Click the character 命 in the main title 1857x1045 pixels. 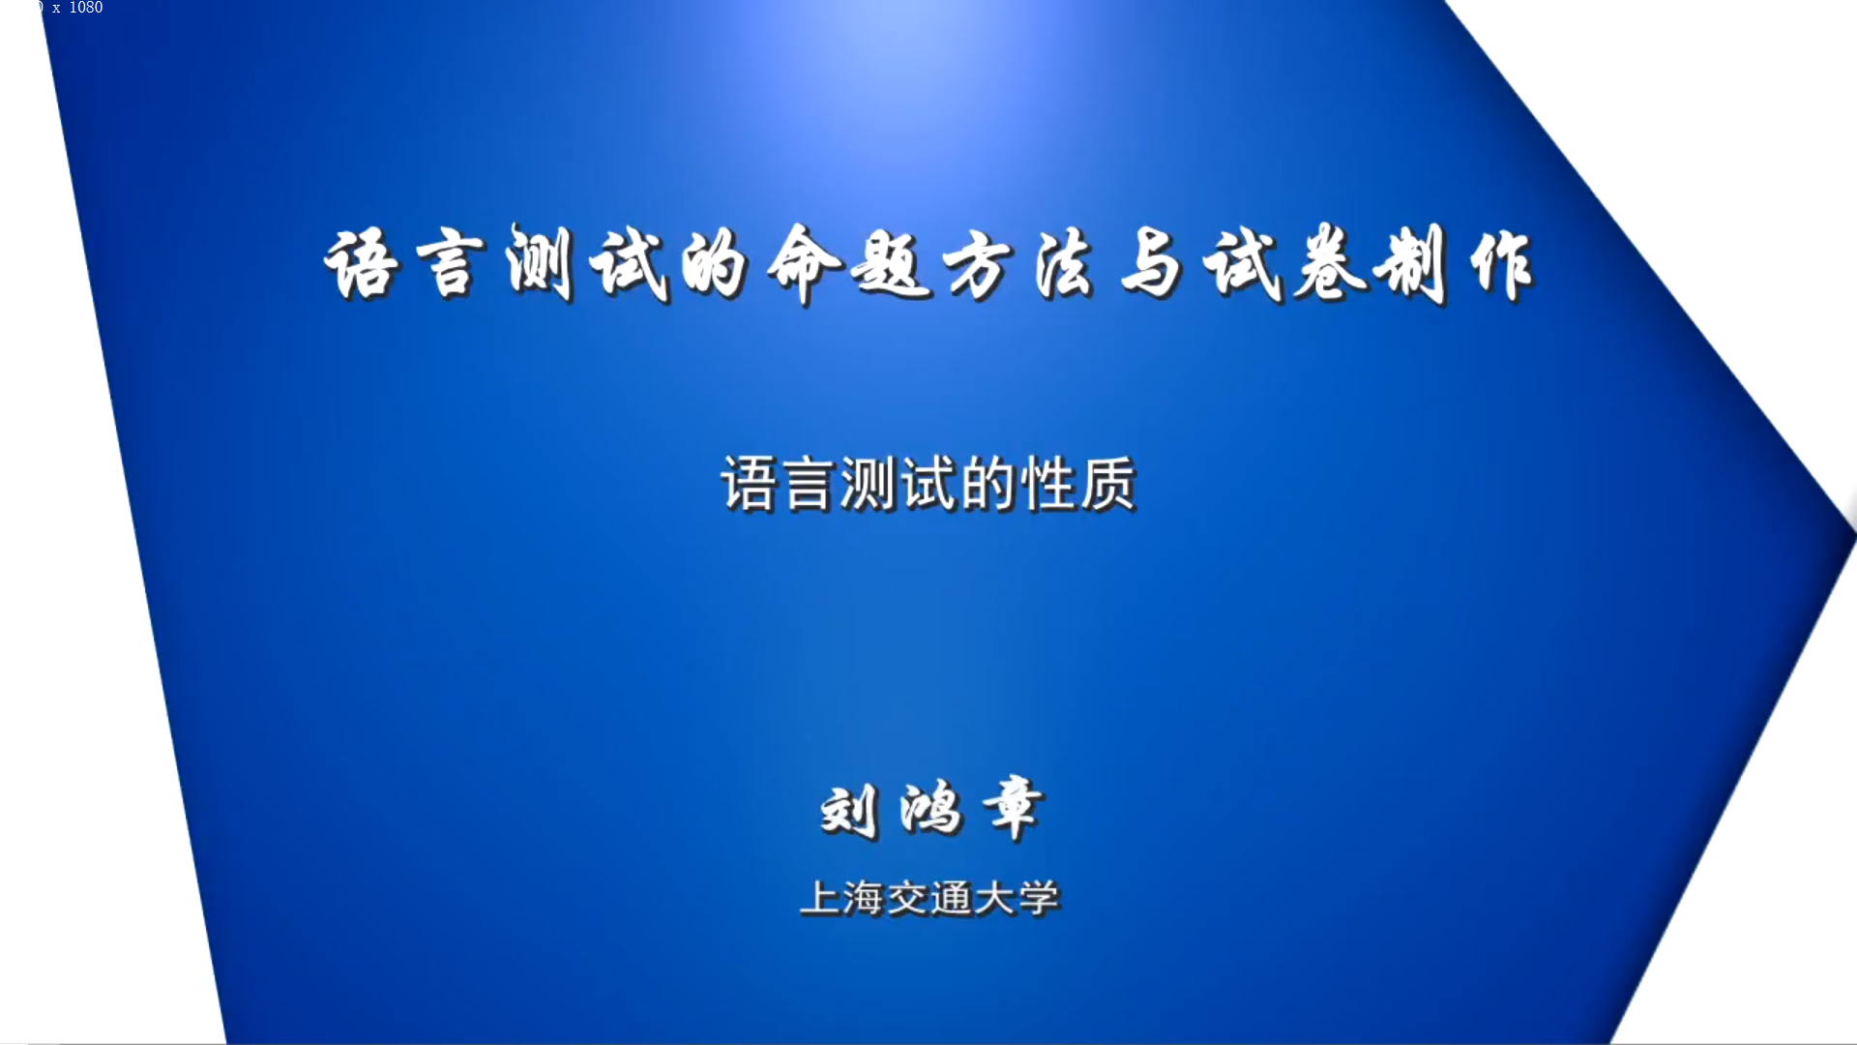(x=805, y=263)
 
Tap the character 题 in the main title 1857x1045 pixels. (x=890, y=263)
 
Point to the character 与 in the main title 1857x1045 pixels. (x=1151, y=263)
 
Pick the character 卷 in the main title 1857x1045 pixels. (x=1331, y=263)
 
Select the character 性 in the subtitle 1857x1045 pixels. (x=1048, y=484)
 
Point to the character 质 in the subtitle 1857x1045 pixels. (x=1108, y=484)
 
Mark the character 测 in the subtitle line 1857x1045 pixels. (x=869, y=484)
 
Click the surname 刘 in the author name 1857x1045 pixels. (x=849, y=811)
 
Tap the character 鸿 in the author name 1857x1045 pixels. (x=930, y=809)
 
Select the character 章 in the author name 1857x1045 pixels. (x=1014, y=807)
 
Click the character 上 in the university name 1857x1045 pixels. (x=820, y=898)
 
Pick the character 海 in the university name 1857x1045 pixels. (x=864, y=899)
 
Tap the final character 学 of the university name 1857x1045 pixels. (x=1039, y=899)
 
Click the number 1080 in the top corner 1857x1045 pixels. (x=85, y=8)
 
